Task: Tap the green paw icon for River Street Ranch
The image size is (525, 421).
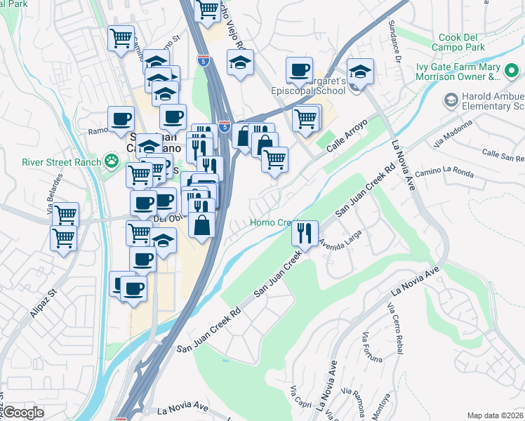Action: pos(111,161)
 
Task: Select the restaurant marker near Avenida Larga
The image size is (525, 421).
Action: pos(304,234)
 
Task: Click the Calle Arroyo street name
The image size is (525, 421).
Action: pos(345,133)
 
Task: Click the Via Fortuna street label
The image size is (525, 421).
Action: pos(373,349)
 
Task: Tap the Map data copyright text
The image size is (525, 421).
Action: pos(496,415)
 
